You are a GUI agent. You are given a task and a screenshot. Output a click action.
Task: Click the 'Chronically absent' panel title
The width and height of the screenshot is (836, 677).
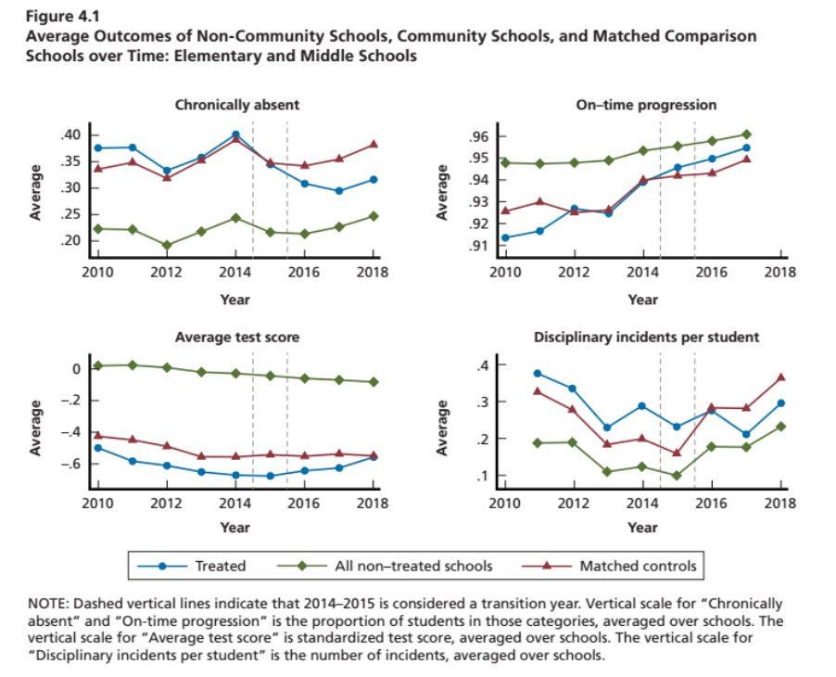pyautogui.click(x=236, y=105)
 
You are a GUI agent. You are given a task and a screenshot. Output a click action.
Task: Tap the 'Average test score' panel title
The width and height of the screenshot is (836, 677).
pyautogui.click(x=236, y=338)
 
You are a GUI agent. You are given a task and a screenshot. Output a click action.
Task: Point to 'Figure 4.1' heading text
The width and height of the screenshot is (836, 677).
pyautogui.click(x=57, y=17)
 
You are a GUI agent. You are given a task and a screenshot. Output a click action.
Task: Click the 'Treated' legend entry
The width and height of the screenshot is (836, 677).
pyautogui.click(x=220, y=565)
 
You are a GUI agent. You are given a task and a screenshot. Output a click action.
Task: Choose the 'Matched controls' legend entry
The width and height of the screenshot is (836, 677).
pyautogui.click(x=637, y=565)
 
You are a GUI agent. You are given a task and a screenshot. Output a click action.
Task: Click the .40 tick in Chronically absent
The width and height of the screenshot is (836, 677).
pyautogui.click(x=71, y=135)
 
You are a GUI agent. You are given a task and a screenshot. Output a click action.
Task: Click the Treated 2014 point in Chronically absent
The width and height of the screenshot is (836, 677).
pyautogui.click(x=235, y=134)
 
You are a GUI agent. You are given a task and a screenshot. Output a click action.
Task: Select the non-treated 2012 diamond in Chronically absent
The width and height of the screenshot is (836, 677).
pyautogui.click(x=167, y=246)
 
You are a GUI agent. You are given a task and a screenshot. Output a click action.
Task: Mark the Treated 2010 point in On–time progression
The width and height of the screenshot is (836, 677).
pyautogui.click(x=505, y=238)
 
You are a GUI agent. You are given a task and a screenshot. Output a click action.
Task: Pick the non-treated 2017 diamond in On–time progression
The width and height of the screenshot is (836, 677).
pyautogui.click(x=746, y=134)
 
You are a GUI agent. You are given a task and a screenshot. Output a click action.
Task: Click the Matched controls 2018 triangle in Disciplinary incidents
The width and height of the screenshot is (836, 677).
pyautogui.click(x=780, y=377)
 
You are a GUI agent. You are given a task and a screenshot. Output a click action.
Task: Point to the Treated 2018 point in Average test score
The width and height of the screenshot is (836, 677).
pyautogui.click(x=374, y=457)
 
